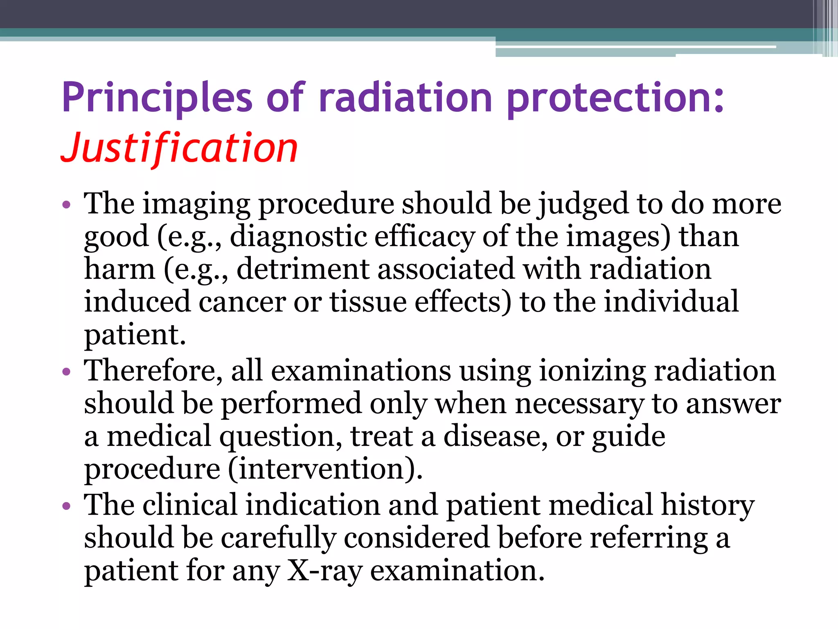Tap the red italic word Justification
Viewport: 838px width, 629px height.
click(x=180, y=148)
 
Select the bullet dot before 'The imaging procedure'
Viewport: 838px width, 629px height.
click(x=66, y=204)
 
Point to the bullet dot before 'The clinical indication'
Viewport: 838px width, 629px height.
click(x=66, y=506)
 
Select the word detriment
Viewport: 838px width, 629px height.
click(x=303, y=269)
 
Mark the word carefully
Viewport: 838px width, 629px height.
click(x=278, y=538)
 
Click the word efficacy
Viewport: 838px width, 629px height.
click(x=424, y=237)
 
